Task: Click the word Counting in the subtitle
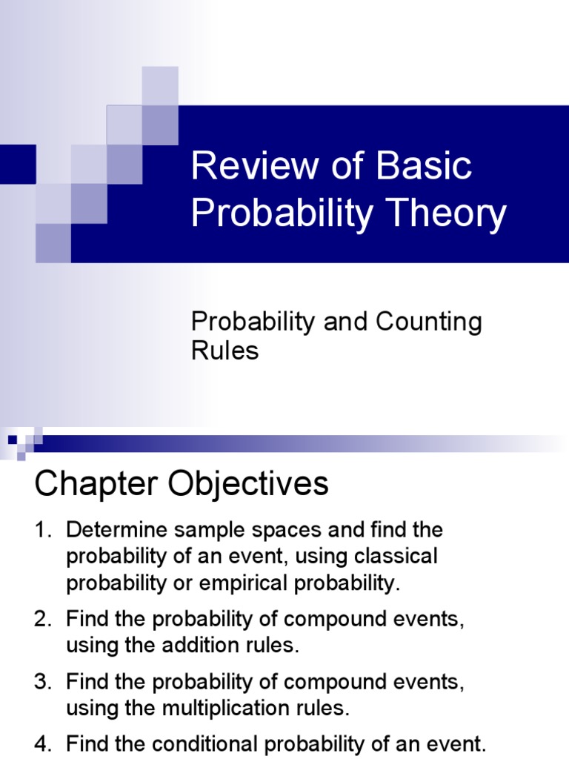429,322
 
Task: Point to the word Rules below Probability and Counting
225,351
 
